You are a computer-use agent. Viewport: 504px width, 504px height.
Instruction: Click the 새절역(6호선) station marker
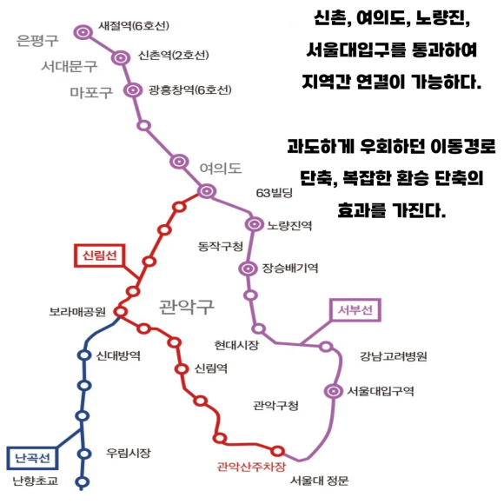click(x=83, y=32)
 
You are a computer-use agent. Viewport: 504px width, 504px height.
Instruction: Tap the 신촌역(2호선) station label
click(x=174, y=56)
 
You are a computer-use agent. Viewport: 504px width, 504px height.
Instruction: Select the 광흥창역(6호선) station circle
click(x=133, y=90)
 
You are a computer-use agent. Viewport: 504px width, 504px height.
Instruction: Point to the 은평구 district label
click(x=37, y=41)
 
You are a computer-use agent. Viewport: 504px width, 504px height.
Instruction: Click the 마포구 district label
click(x=91, y=93)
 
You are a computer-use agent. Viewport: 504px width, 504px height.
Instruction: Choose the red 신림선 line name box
click(x=100, y=255)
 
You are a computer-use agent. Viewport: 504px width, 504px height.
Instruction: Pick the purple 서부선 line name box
click(x=355, y=310)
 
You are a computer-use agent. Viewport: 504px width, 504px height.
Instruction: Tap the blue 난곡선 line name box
click(x=32, y=458)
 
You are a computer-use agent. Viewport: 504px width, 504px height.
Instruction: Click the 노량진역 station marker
click(x=255, y=224)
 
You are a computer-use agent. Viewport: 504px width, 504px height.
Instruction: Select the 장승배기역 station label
click(x=290, y=268)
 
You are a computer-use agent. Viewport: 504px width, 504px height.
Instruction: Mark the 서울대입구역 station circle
click(x=334, y=391)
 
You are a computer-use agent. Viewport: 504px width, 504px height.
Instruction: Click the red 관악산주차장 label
click(x=251, y=467)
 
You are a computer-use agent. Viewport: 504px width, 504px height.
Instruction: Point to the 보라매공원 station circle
click(x=121, y=311)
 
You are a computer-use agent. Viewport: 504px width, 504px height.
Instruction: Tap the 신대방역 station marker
click(x=84, y=355)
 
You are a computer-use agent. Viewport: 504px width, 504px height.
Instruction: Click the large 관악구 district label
click(x=187, y=307)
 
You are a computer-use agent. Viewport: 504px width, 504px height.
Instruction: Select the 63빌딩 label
click(x=275, y=193)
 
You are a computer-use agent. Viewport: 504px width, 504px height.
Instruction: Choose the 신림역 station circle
click(x=182, y=369)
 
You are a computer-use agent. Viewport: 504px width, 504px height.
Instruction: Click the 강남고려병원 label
click(x=393, y=356)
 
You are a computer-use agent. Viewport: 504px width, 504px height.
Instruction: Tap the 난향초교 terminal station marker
click(x=83, y=481)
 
